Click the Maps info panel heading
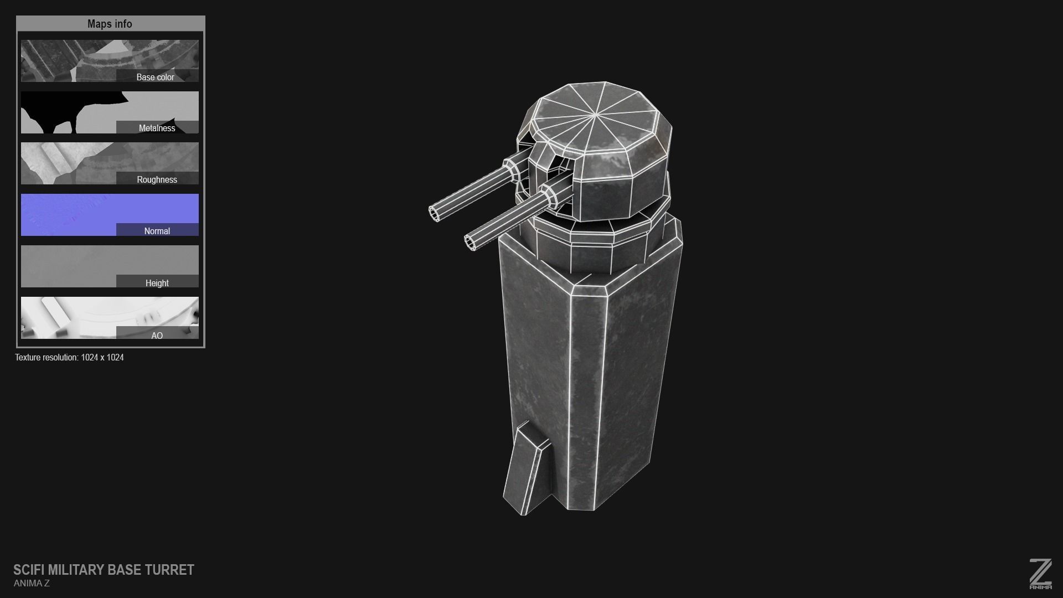[110, 24]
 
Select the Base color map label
[155, 77]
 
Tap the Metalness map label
[157, 128]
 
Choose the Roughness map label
[157, 179]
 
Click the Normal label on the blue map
[157, 231]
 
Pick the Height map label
[157, 283]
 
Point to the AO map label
[157, 336]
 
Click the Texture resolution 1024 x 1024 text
[69, 357]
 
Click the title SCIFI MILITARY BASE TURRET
[104, 570]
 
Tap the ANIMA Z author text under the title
[32, 583]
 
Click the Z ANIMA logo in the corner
[1040, 574]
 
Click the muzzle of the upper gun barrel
[435, 213]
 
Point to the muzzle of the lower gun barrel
[471, 242]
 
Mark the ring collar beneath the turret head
[592, 244]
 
